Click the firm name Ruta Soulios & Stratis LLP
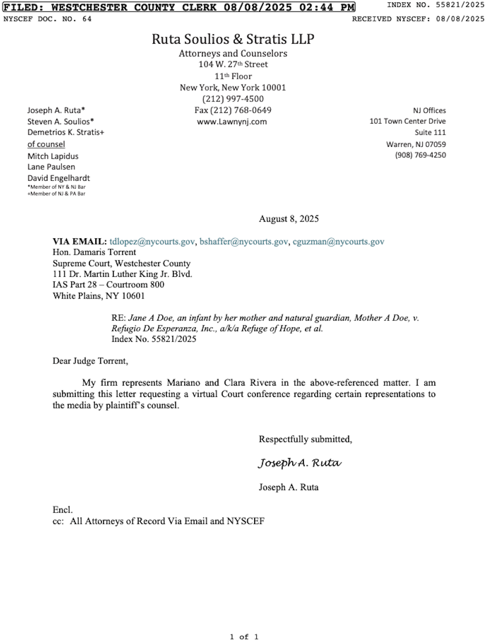click(233, 39)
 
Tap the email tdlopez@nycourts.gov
click(152, 242)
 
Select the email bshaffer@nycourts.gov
click(243, 242)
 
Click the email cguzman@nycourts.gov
click(338, 242)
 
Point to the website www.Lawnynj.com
click(232, 122)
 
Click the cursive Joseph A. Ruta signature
click(299, 463)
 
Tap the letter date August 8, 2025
click(289, 219)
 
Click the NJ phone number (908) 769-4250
click(420, 155)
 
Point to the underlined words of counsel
click(46, 144)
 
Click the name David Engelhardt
click(58, 178)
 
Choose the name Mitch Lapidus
click(53, 156)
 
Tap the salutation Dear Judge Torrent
click(90, 361)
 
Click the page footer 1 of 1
click(244, 637)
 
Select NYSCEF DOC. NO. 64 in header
click(47, 19)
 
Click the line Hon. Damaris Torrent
click(94, 252)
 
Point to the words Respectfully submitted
click(305, 439)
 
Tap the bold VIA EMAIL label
click(79, 242)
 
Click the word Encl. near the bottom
click(63, 510)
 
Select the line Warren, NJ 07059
click(416, 144)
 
